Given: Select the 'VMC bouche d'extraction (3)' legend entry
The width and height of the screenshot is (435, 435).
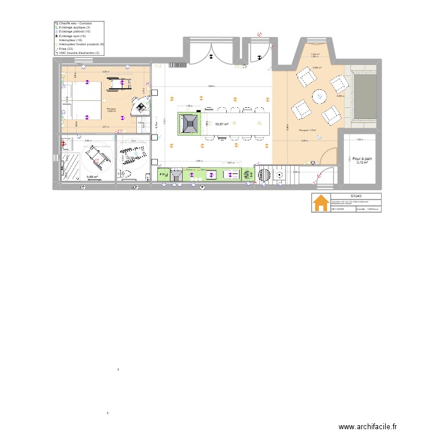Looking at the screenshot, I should [x=79, y=52].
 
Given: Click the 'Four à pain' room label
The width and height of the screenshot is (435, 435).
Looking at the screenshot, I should [x=362, y=158].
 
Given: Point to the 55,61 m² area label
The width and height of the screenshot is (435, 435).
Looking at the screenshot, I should [x=221, y=124].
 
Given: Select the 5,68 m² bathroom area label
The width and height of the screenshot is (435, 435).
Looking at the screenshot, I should [x=92, y=177].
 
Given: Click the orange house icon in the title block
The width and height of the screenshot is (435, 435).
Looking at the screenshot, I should [x=320, y=203].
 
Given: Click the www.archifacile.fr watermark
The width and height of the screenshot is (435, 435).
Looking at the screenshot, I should [x=368, y=426].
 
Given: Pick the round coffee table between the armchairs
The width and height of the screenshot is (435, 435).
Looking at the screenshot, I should [x=320, y=96].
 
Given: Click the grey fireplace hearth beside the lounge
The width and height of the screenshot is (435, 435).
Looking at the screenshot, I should [x=363, y=96].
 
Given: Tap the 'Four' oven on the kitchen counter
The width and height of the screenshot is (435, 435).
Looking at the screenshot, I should [x=164, y=174].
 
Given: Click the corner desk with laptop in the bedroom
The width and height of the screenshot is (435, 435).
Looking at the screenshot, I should [x=140, y=105].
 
